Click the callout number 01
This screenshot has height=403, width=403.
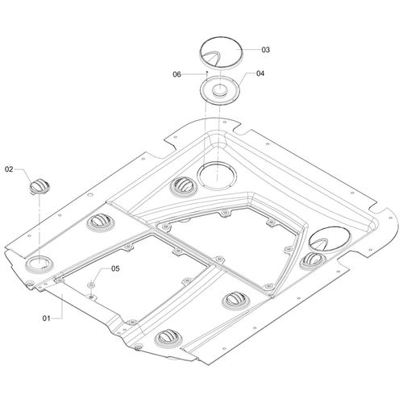46,318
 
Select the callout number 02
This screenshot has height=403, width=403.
9,169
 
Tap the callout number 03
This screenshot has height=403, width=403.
265,50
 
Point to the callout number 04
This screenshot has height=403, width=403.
260,73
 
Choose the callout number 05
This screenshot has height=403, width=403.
115,268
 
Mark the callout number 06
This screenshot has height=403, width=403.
177,74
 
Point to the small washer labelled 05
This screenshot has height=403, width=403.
91,285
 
